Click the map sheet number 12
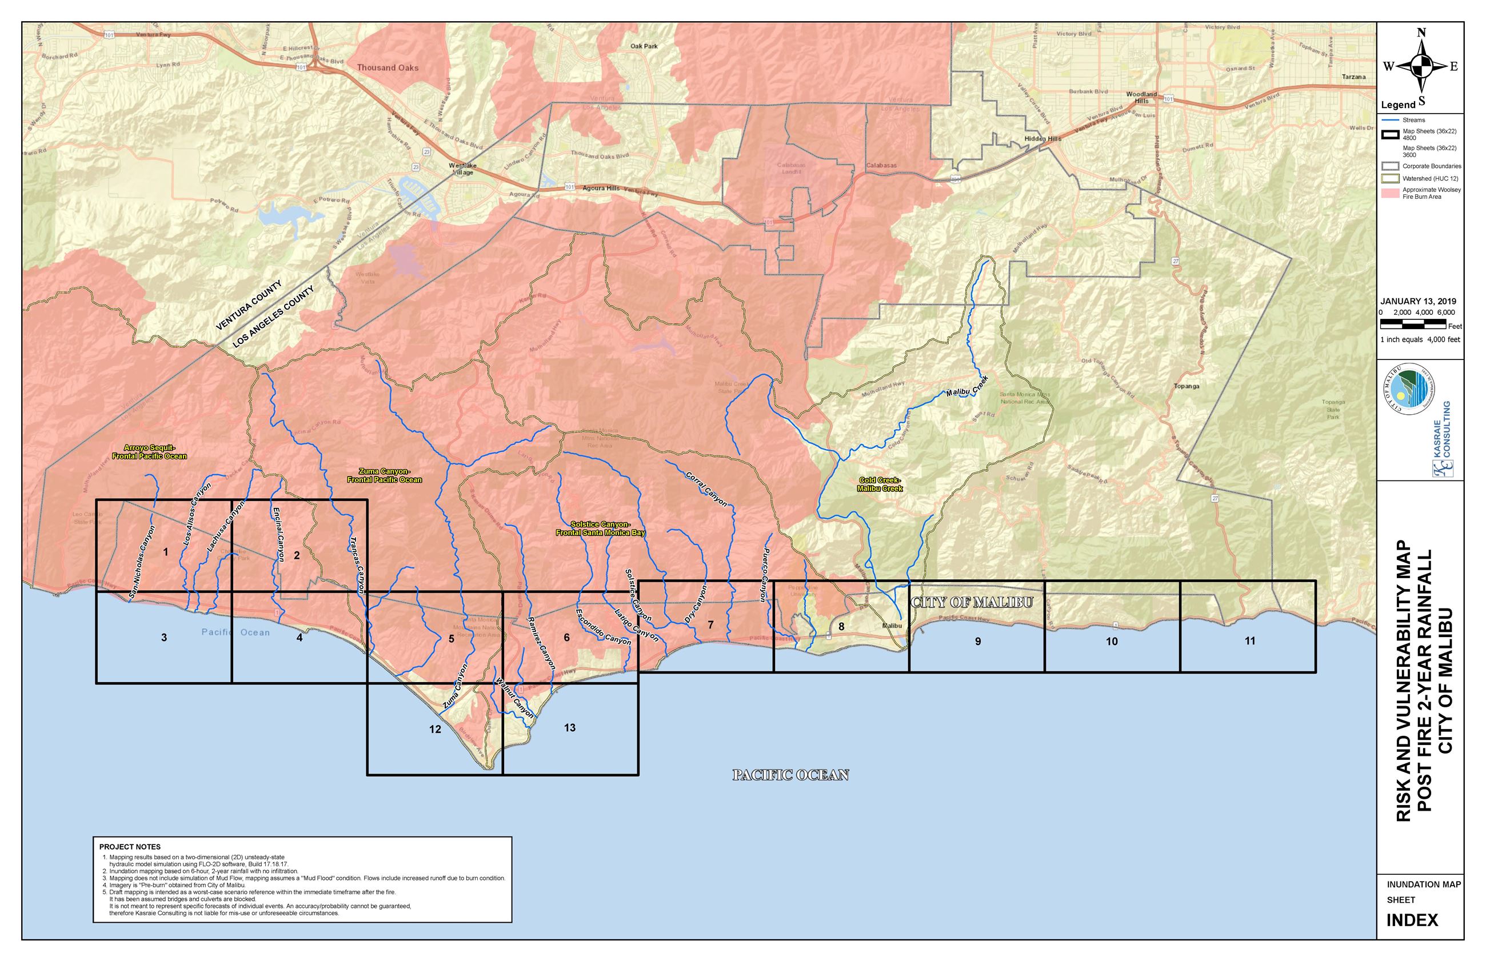(435, 729)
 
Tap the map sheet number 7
(710, 624)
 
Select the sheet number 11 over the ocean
(1249, 641)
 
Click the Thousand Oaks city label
(388, 67)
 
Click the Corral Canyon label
(706, 488)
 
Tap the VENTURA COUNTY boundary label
(249, 305)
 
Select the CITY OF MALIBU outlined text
(972, 602)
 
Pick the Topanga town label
(1186, 386)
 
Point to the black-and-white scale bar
(1413, 323)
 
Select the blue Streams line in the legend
(1389, 120)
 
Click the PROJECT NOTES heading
(130, 847)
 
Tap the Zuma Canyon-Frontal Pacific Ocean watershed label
(385, 475)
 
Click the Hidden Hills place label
(1042, 138)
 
